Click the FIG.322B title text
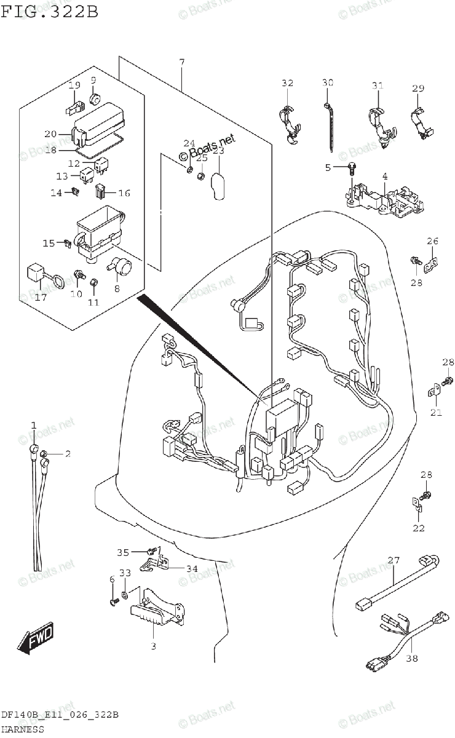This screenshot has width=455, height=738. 50,12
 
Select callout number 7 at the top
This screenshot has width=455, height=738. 182,62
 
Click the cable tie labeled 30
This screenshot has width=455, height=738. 329,126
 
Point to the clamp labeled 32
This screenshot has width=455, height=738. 289,123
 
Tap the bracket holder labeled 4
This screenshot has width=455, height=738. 384,200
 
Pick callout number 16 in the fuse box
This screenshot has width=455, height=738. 124,193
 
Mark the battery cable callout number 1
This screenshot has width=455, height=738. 34,425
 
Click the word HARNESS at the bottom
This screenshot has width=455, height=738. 22,729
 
